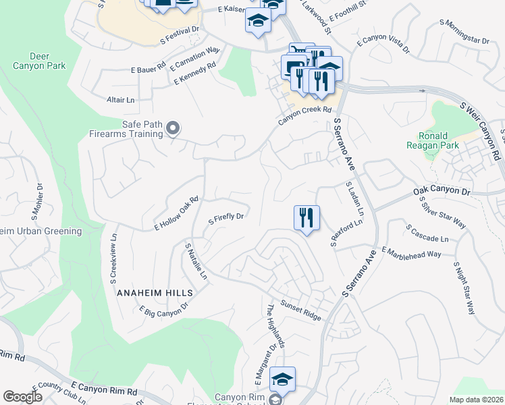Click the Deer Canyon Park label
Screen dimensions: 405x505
[39, 61]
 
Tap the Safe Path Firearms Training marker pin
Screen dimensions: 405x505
[173, 128]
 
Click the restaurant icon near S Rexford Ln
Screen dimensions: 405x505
[307, 218]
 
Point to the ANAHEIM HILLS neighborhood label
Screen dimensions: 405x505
[155, 293]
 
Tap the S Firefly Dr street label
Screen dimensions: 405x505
[225, 219]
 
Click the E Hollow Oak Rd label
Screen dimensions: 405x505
[176, 213]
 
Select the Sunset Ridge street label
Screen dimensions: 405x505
[301, 308]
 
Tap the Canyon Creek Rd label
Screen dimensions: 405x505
[305, 115]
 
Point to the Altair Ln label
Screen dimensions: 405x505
[121, 100]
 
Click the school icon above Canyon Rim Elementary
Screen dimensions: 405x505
[282, 378]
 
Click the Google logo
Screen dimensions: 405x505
[22, 397]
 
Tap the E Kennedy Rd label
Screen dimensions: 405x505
[194, 74]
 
